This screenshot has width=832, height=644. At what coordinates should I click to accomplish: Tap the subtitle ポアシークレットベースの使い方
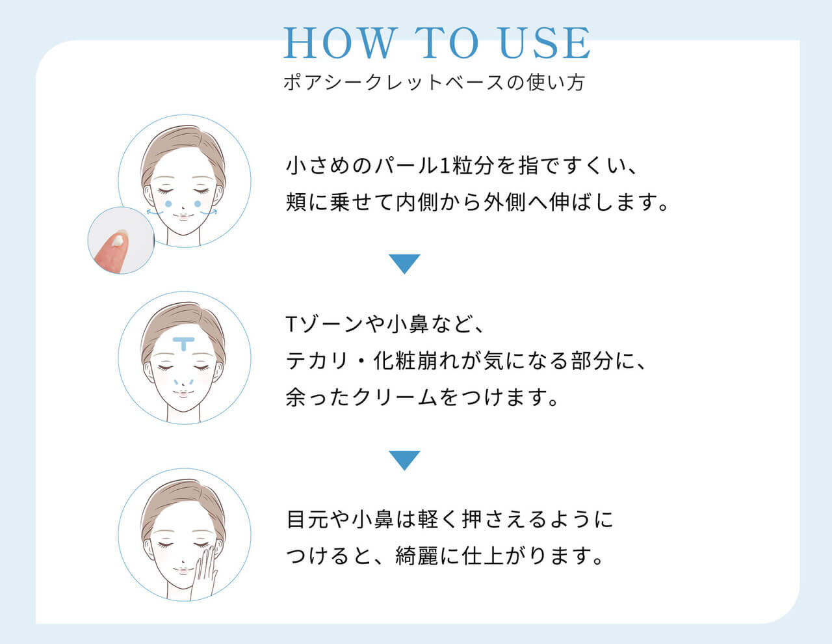(434, 83)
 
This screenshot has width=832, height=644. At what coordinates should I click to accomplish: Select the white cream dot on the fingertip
(119, 241)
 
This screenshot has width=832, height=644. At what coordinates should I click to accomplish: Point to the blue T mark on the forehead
(184, 343)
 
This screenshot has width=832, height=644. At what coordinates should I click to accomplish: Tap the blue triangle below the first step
(404, 263)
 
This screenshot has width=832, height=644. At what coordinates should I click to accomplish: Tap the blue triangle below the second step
(404, 460)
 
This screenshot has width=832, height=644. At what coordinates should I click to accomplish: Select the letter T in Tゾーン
(292, 324)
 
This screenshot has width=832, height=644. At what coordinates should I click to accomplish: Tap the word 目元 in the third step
(307, 520)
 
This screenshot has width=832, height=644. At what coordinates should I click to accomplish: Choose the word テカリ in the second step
(318, 360)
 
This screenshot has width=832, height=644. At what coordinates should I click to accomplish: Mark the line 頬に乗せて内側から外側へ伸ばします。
(478, 202)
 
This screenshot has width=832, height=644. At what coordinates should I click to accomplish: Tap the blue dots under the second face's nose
(184, 382)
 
